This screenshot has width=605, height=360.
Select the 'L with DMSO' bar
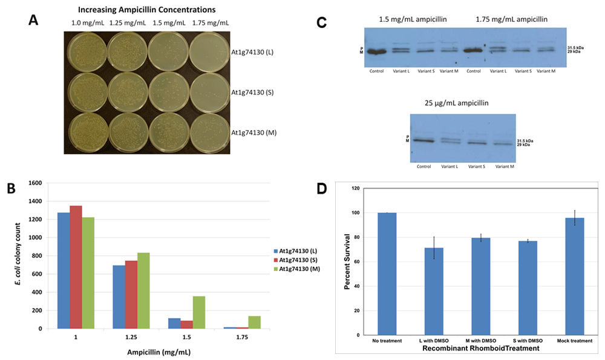click(x=434, y=291)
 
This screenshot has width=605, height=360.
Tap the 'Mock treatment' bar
click(x=574, y=276)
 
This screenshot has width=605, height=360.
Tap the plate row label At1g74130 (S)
click(x=252, y=93)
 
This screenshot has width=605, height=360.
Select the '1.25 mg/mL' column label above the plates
click(x=127, y=23)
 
